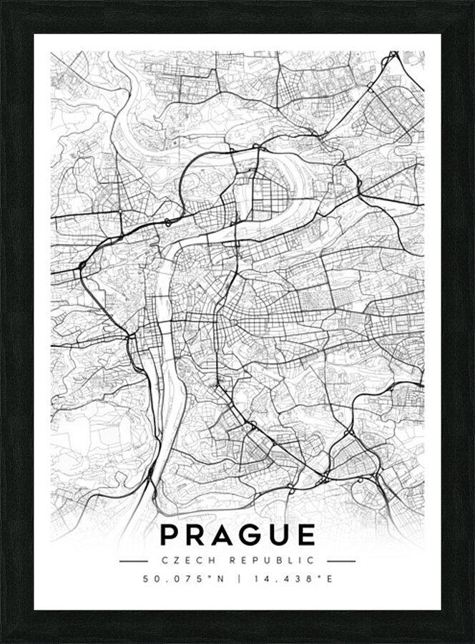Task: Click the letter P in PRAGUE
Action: click(170, 535)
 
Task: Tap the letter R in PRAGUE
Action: click(198, 535)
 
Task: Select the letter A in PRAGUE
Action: click(227, 535)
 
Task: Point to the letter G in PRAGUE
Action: click(255, 535)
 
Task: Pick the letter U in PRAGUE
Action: click(283, 535)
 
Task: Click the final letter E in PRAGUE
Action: click(307, 535)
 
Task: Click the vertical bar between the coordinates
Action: click(237, 579)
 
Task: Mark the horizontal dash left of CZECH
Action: click(134, 561)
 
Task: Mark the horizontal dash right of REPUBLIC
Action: click(341, 561)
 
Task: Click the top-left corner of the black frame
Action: click(3, 3)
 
